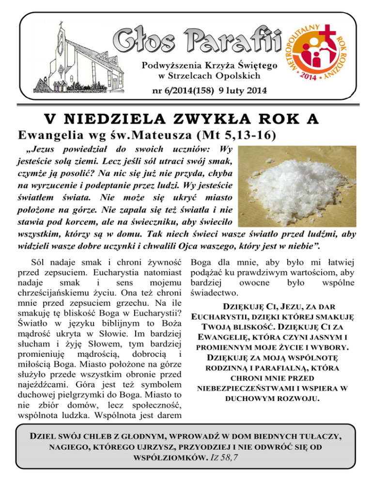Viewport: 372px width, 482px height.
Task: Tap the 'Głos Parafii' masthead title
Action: click(x=198, y=40)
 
